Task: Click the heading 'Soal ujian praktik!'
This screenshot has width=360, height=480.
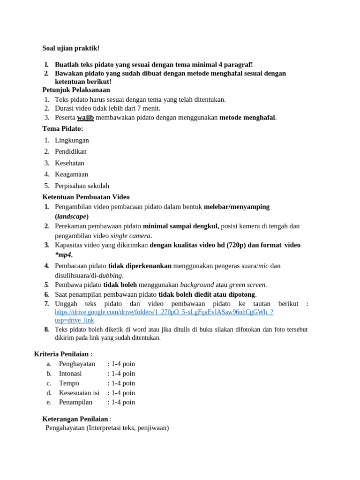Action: tap(71, 48)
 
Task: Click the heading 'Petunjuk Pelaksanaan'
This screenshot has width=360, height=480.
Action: tap(76, 90)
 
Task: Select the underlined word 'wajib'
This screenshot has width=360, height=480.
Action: tap(85, 118)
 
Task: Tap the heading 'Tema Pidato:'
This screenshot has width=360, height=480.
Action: tap(62, 128)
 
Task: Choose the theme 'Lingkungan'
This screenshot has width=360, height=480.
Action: tap(72, 140)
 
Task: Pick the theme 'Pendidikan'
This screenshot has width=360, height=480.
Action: tap(71, 151)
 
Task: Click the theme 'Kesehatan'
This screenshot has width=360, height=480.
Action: tap(69, 163)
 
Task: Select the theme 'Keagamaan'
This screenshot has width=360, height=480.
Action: tap(71, 174)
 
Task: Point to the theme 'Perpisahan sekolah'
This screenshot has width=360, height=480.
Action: tap(82, 186)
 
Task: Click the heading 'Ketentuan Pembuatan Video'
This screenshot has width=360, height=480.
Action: tap(86, 197)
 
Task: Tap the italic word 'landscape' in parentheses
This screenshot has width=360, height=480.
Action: tap(72, 217)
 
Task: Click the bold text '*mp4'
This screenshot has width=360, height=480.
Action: tap(63, 255)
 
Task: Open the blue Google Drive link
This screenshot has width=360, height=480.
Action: tap(164, 312)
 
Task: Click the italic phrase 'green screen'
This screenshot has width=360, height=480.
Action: tap(247, 285)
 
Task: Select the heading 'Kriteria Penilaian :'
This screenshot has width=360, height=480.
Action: tap(63, 354)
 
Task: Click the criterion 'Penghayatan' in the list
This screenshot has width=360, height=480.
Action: tap(77, 364)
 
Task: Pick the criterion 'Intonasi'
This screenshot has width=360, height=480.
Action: tap(70, 374)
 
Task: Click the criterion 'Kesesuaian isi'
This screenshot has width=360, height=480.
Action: tap(79, 393)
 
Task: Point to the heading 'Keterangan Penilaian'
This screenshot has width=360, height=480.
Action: tap(75, 419)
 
